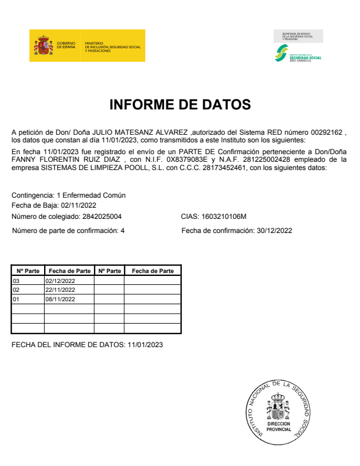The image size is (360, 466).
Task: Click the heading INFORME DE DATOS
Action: pos(180,105)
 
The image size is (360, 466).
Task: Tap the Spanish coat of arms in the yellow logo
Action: pos(44,45)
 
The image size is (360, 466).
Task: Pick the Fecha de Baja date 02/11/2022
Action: pos(78,205)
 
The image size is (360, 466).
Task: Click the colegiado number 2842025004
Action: pos(102,217)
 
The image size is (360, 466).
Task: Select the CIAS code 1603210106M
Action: pos(224,217)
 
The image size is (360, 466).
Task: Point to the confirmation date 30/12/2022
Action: pos(275,231)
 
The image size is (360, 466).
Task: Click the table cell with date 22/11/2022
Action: pos(61,290)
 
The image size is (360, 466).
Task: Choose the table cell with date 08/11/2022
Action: pos(61,299)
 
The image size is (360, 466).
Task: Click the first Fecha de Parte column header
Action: pos(69,271)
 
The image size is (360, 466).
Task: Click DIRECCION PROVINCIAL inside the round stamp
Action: pos(278,427)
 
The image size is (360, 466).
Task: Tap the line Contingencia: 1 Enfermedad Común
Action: pos(69,195)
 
